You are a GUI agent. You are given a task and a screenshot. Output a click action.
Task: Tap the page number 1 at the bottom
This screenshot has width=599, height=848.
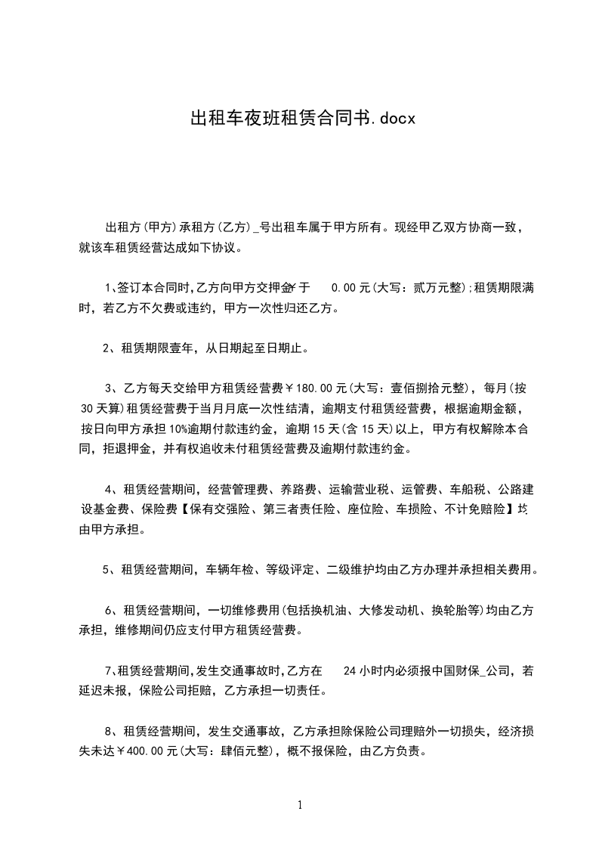pyautogui.click(x=300, y=804)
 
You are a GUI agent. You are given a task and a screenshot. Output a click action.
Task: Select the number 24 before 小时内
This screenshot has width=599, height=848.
pyautogui.click(x=350, y=670)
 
